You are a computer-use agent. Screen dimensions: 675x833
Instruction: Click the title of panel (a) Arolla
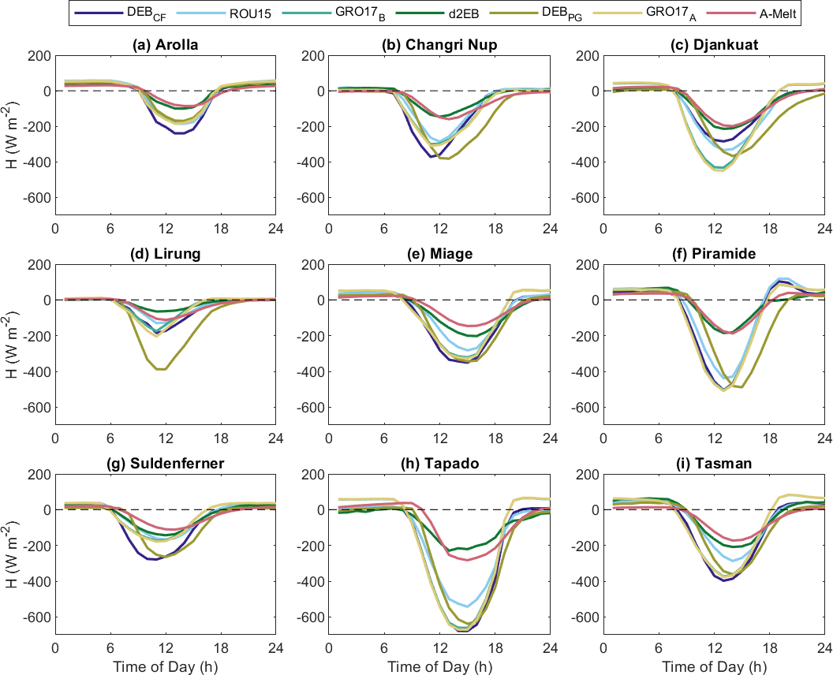coord(165,45)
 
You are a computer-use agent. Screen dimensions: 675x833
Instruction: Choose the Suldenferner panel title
coord(165,464)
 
